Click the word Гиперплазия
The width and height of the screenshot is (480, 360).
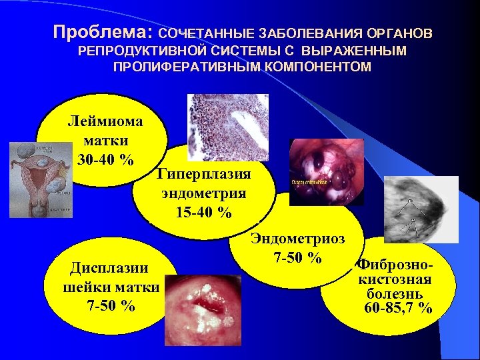coord(204,175)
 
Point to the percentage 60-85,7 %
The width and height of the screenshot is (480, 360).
coord(399,308)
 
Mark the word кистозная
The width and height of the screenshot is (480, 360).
coord(395,279)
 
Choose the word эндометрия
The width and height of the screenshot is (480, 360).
coord(204,194)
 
